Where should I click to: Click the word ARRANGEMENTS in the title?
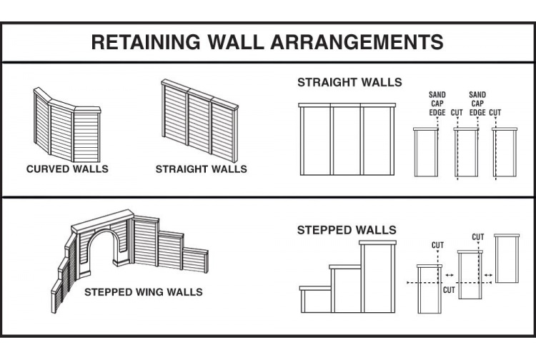coord(363,42)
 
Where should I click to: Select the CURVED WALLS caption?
coord(67,169)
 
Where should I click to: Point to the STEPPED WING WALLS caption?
coord(143,292)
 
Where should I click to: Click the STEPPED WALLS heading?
coord(347,230)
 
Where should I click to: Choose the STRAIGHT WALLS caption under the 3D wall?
coord(201,169)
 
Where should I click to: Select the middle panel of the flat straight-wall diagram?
coord(346,139)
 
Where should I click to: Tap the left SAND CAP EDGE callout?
coord(437,104)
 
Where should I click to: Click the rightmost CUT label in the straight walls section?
coord(495,112)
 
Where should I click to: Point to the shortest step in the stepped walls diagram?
coord(315,300)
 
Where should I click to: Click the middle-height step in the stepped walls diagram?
coord(345,289)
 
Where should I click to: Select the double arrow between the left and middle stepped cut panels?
coord(448,274)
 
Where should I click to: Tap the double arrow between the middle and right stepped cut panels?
coord(488,274)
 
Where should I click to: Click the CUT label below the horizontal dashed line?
coord(448,291)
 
